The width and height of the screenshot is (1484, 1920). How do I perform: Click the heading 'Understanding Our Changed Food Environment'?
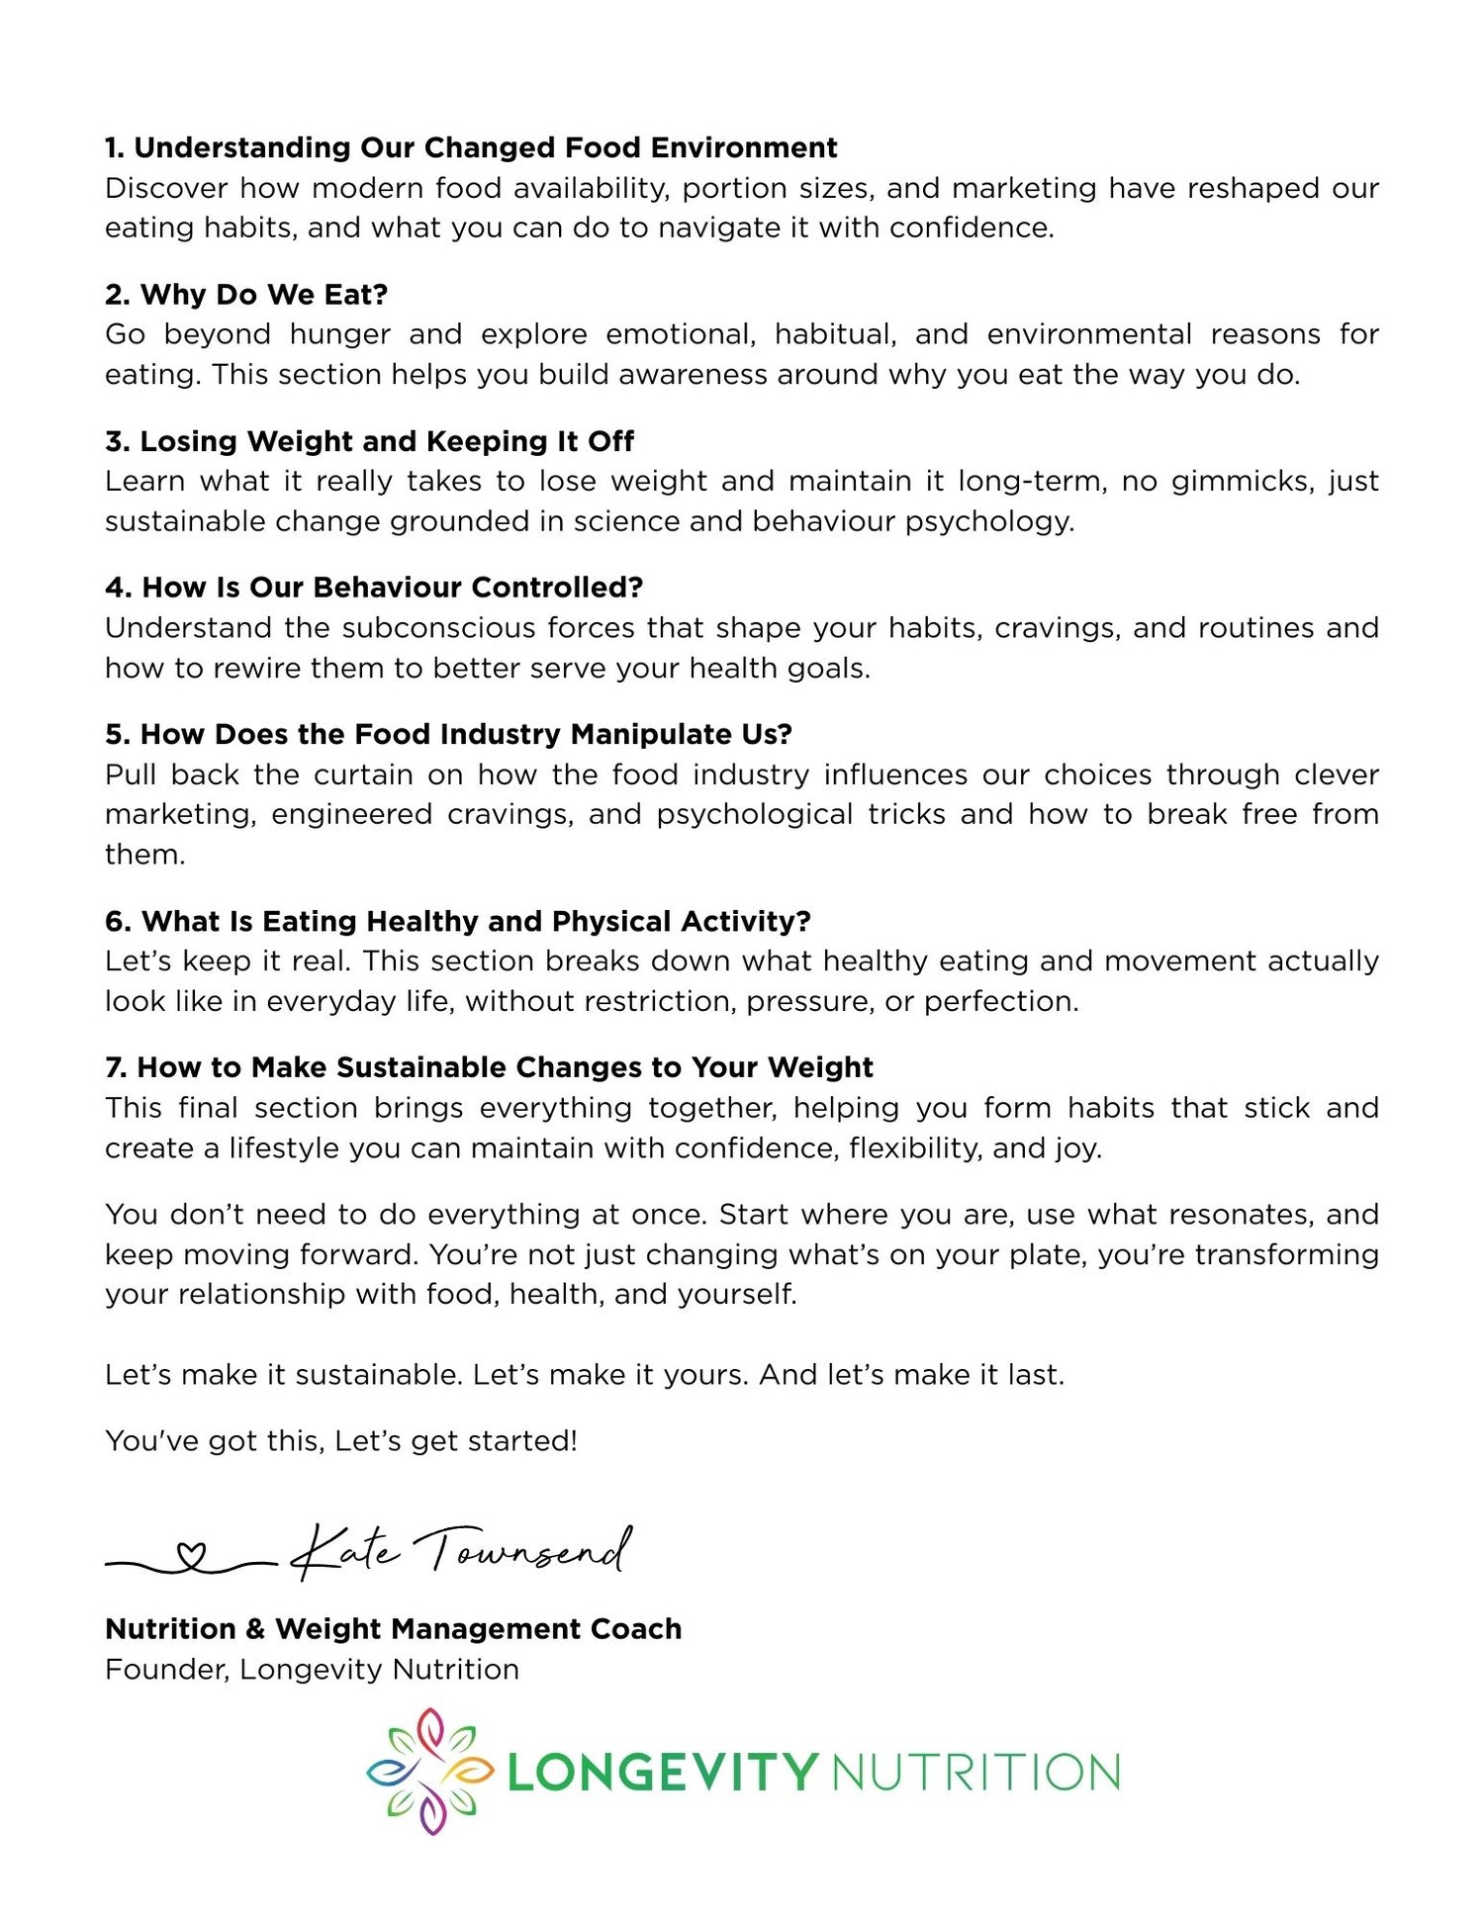tap(471, 147)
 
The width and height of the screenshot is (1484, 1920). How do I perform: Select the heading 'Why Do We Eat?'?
tap(246, 294)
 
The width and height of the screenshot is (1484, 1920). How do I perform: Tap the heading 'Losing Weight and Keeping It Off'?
tap(369, 440)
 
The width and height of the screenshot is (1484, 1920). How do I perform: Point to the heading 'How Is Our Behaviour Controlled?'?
tap(374, 587)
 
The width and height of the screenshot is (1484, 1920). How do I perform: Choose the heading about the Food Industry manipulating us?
tap(448, 733)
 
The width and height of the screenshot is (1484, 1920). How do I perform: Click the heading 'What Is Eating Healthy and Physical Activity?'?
tap(457, 921)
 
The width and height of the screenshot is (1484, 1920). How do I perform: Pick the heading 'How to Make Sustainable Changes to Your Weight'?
tap(489, 1067)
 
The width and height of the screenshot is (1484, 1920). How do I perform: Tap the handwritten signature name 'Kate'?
tap(346, 1551)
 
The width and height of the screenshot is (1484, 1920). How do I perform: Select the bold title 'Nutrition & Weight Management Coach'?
tap(393, 1628)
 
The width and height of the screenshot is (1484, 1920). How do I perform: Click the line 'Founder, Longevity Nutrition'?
tap(312, 1669)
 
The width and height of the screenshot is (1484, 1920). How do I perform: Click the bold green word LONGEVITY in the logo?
tap(662, 1772)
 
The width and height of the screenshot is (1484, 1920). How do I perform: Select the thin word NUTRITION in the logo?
tap(975, 1772)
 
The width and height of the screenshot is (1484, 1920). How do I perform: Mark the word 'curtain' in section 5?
tap(363, 775)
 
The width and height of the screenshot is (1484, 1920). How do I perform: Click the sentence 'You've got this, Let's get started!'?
tap(341, 1440)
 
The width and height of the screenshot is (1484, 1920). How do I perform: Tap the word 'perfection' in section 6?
tap(999, 1002)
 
